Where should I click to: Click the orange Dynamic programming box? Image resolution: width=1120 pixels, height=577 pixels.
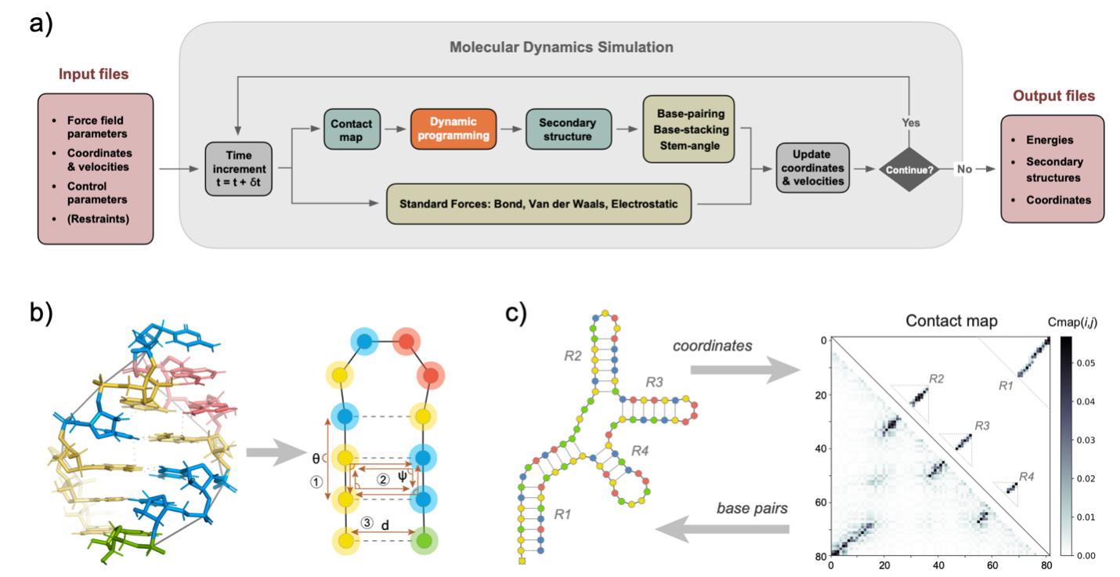coord(453,129)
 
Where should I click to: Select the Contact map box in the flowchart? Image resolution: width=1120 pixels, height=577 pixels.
coord(352,129)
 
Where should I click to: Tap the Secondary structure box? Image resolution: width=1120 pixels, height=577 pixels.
coord(569,129)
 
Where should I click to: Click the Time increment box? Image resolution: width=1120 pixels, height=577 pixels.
coord(239,169)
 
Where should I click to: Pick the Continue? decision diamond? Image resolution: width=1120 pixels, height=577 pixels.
coord(909,169)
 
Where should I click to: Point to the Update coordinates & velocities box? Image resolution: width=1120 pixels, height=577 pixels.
coord(812,168)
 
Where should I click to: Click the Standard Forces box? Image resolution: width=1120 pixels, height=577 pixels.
coord(539,204)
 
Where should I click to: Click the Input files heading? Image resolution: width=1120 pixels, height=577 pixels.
coord(93,74)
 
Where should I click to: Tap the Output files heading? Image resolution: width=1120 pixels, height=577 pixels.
coord(1053,96)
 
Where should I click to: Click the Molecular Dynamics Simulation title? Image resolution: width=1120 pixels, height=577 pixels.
coord(561,47)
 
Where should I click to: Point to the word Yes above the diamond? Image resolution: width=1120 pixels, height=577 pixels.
coord(911,122)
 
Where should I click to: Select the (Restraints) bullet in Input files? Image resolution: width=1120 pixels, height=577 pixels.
coord(98,219)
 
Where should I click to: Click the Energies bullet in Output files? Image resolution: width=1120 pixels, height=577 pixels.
coord(1050,140)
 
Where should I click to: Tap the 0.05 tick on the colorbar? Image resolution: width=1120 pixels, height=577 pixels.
coord(1086,363)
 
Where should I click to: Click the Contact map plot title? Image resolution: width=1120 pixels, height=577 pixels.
coord(951,321)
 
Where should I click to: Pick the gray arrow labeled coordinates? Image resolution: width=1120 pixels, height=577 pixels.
coord(746,370)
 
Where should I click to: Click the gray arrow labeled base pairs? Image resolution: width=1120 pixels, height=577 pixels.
coord(722,529)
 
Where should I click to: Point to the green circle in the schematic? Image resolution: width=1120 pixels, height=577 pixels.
coord(424,540)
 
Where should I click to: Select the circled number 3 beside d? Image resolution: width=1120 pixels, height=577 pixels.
coord(367,523)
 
